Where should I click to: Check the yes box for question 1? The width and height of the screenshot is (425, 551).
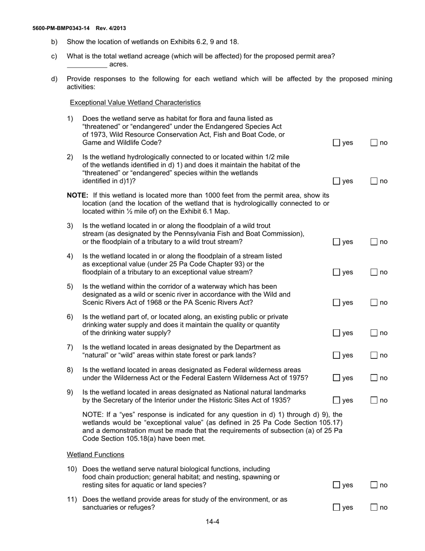click(x=336, y=143)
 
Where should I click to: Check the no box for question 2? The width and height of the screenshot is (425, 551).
click(x=374, y=181)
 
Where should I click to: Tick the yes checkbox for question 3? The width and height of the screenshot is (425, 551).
click(x=336, y=242)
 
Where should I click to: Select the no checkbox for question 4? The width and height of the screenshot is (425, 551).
click(x=374, y=272)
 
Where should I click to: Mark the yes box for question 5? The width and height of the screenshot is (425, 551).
click(x=336, y=303)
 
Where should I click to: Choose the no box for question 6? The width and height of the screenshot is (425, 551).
click(x=374, y=333)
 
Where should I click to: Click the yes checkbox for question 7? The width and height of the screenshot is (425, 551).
click(x=336, y=355)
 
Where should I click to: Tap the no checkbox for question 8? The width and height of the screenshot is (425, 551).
click(x=374, y=378)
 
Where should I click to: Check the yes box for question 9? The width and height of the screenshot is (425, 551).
click(x=336, y=400)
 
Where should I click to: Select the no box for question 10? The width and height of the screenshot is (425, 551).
click(x=374, y=485)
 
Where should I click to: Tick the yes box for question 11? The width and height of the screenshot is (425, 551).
click(x=336, y=508)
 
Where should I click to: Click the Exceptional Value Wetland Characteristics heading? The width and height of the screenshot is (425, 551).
click(x=135, y=103)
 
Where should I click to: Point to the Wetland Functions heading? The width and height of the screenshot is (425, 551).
click(x=95, y=455)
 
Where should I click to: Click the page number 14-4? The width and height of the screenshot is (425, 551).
click(x=212, y=522)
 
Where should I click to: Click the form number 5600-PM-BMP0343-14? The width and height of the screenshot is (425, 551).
click(x=61, y=28)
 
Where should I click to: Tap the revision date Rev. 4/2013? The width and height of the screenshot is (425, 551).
click(x=111, y=28)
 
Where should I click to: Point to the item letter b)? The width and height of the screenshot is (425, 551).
click(x=54, y=42)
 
